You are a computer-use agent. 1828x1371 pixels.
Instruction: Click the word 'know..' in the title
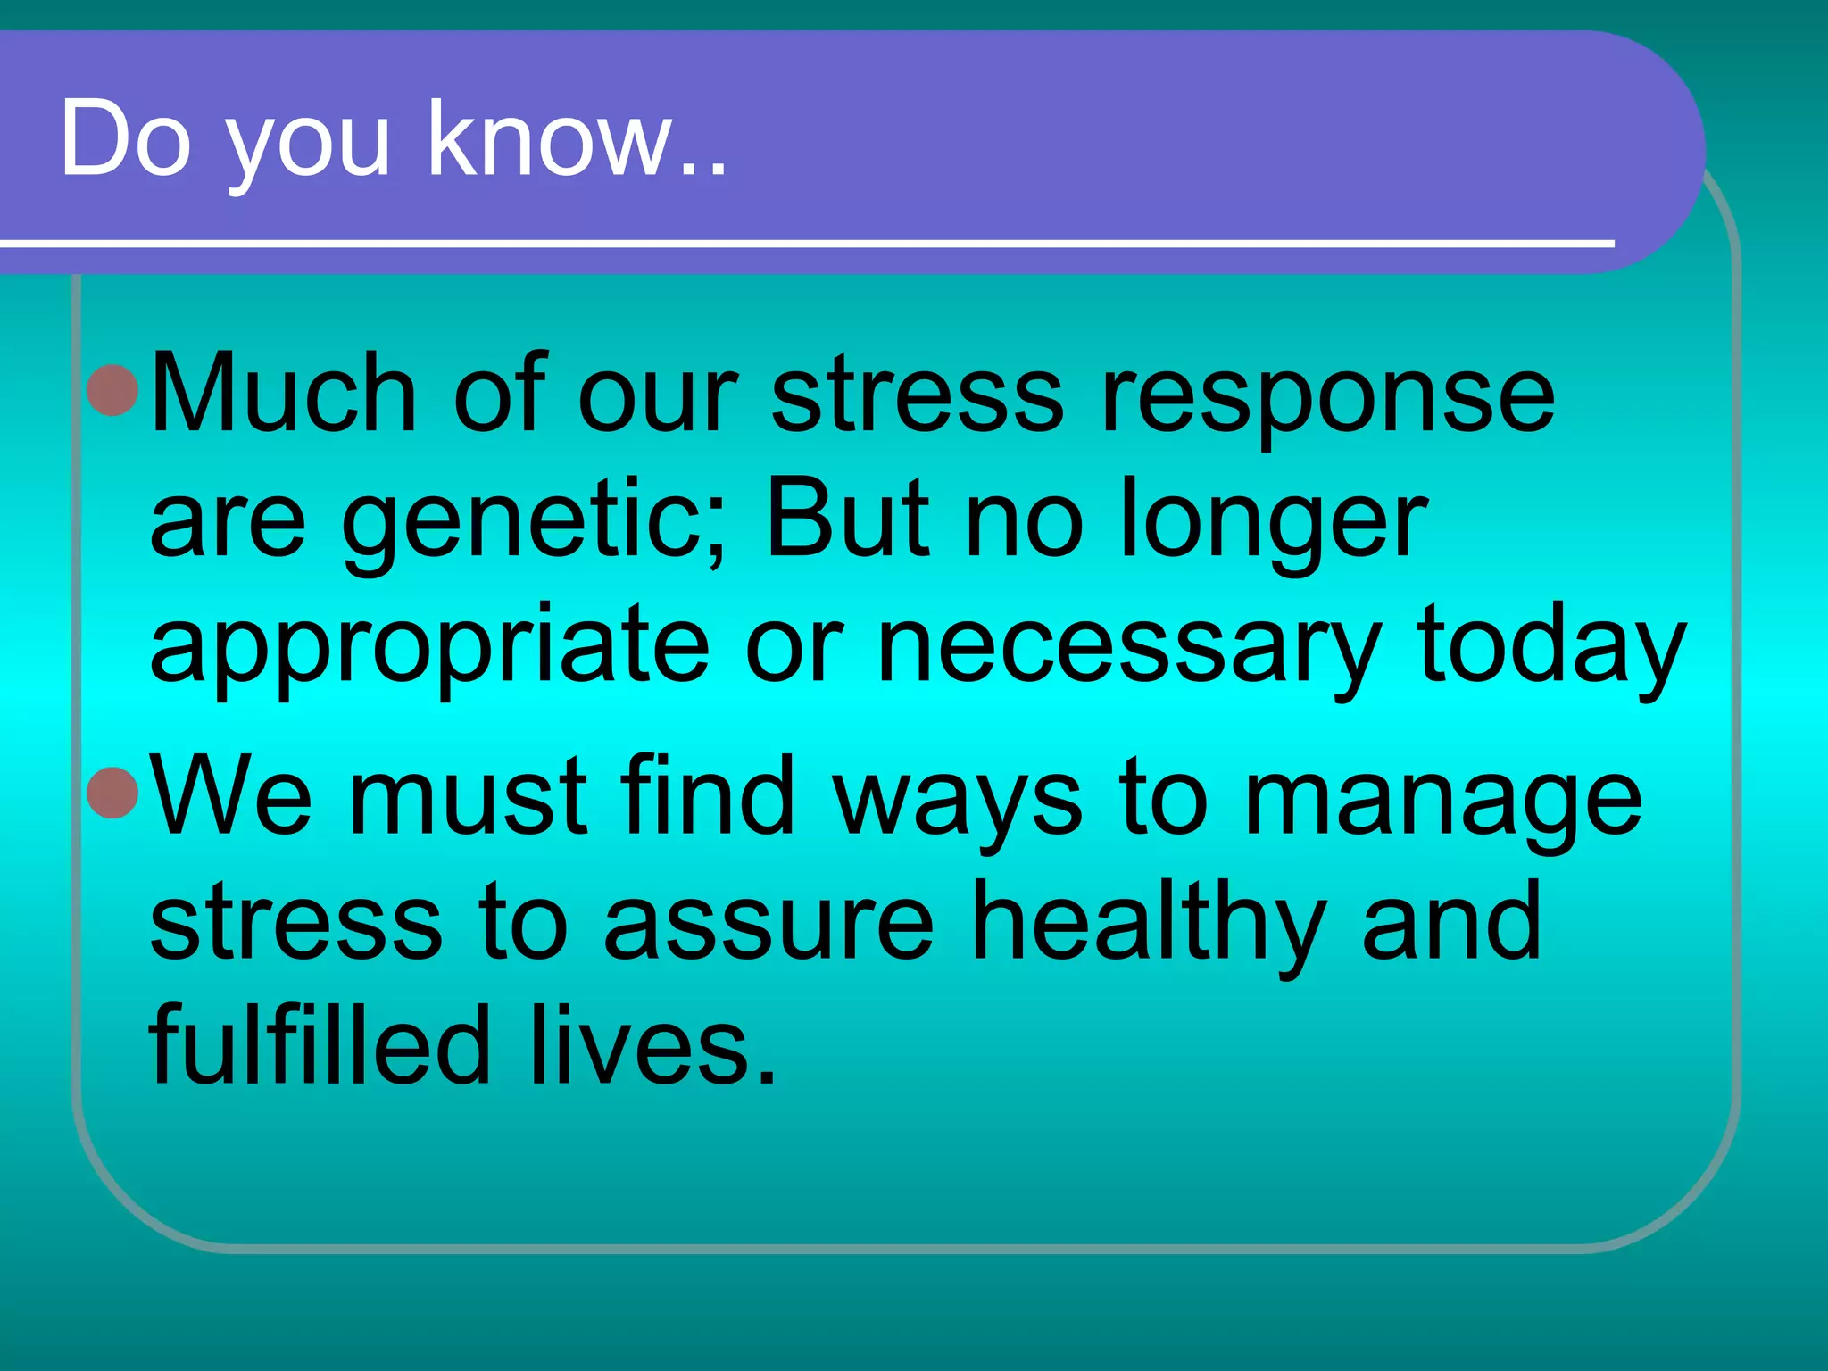click(x=577, y=140)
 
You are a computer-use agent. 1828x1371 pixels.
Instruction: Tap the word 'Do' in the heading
click(x=126, y=140)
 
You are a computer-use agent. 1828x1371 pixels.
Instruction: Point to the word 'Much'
click(x=284, y=393)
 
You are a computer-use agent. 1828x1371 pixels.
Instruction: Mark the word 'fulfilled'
click(x=320, y=1044)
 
